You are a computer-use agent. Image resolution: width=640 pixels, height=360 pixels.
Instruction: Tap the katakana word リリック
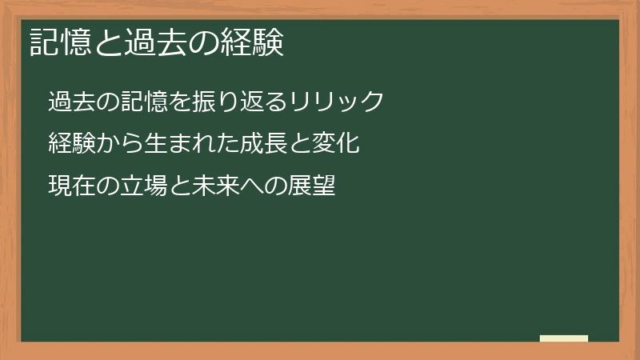point(336,102)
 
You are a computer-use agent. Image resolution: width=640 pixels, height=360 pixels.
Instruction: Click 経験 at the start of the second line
point(71,144)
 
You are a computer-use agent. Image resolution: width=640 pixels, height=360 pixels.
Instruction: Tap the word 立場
point(143,186)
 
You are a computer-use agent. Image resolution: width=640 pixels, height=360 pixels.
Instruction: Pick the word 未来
point(214,186)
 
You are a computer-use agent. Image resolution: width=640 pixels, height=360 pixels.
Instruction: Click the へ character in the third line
point(250,186)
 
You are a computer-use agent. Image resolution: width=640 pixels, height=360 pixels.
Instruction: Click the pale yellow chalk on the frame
point(564,338)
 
